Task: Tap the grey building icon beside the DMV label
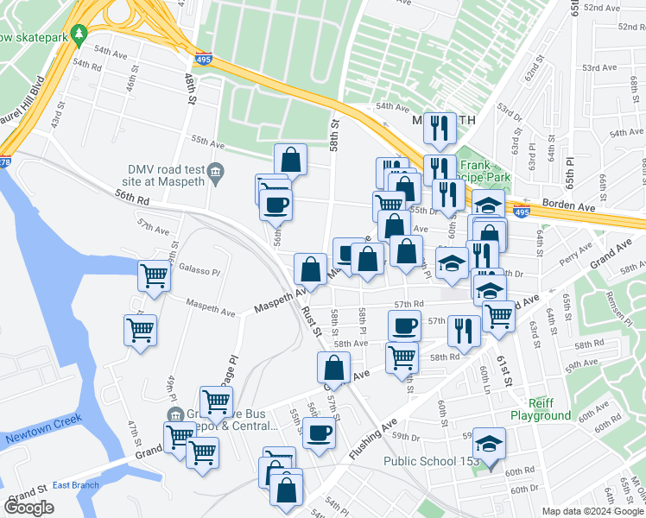coord(218,170)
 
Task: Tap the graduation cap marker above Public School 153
coord(489,445)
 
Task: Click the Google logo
coord(28,508)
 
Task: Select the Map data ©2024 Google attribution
coord(592,511)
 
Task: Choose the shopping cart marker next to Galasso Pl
coord(154,277)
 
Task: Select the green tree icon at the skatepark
coord(79,34)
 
